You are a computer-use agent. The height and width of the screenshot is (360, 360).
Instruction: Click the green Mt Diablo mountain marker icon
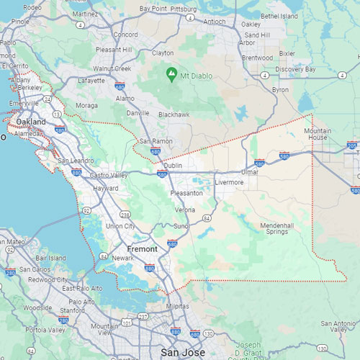(x=171, y=74)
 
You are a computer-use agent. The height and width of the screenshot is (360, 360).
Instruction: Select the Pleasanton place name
(x=186, y=193)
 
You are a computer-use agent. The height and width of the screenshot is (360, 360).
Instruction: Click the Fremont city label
(x=143, y=248)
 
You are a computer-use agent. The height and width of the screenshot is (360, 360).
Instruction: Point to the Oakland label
(x=31, y=122)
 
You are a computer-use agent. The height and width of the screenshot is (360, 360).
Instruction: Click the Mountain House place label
(x=318, y=133)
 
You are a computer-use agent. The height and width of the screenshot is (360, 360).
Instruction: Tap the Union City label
(x=120, y=226)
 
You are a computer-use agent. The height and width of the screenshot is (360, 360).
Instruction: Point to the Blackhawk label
(x=174, y=114)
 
